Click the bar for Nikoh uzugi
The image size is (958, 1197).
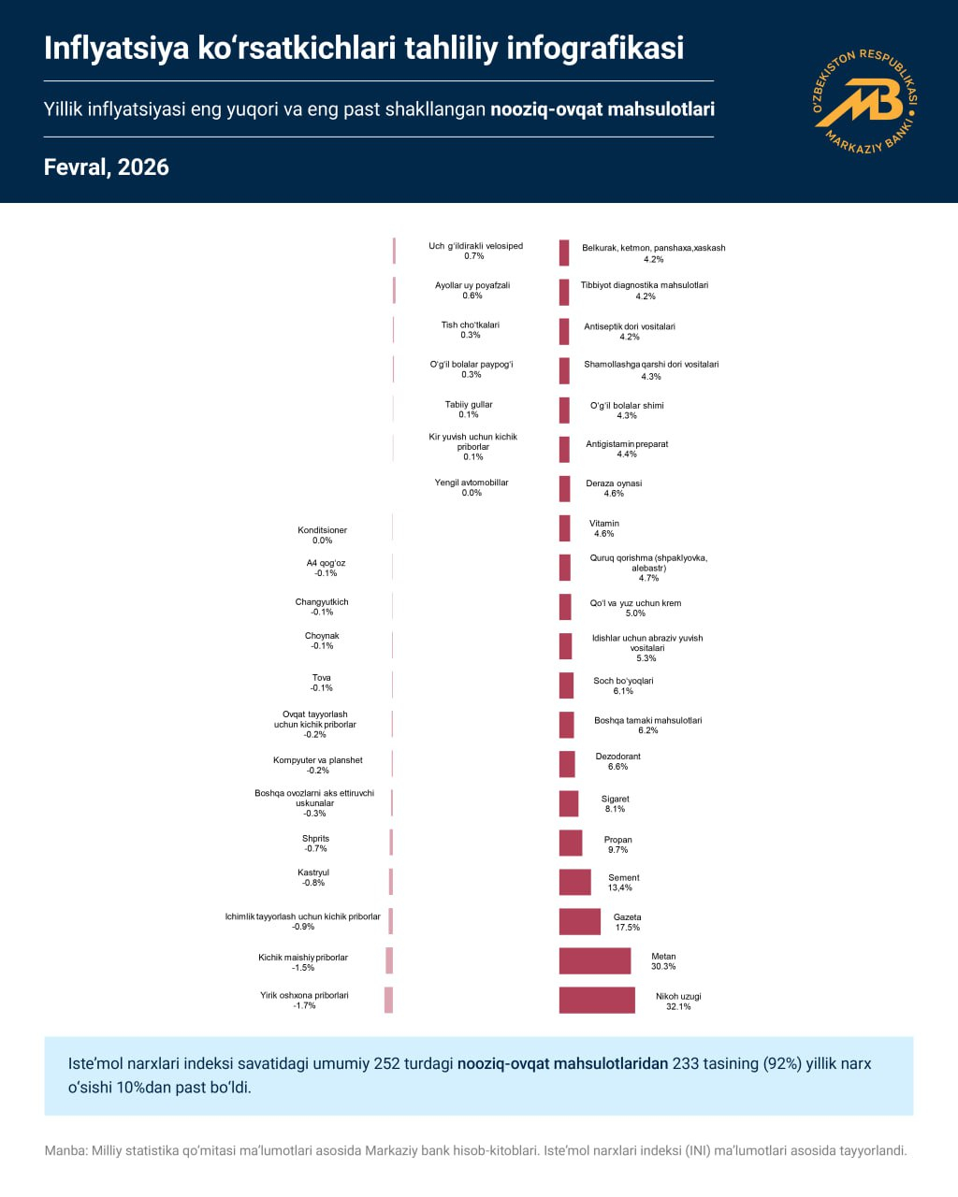pos(597,1000)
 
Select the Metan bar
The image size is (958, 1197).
pos(595,960)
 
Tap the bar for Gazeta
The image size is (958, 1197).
pos(580,921)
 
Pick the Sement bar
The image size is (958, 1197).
pos(575,882)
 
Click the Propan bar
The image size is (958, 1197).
pos(571,843)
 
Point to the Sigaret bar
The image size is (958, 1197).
pos(569,803)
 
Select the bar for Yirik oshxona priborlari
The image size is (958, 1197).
pos(388,1000)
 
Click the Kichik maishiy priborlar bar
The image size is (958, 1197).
pos(389,960)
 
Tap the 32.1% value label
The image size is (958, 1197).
pos(678,1007)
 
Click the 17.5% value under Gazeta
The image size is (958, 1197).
pos(628,928)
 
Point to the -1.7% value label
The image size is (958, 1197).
pos(304,1006)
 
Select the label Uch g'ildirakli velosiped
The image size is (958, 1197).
pos(475,246)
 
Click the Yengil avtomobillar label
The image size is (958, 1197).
pos(472,483)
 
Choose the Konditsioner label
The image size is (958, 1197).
pos(322,530)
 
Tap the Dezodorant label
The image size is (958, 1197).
pos(618,757)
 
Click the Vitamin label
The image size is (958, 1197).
pos(604,524)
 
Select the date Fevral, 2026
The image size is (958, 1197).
pos(107,167)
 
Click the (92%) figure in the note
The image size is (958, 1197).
pos(781,1064)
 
